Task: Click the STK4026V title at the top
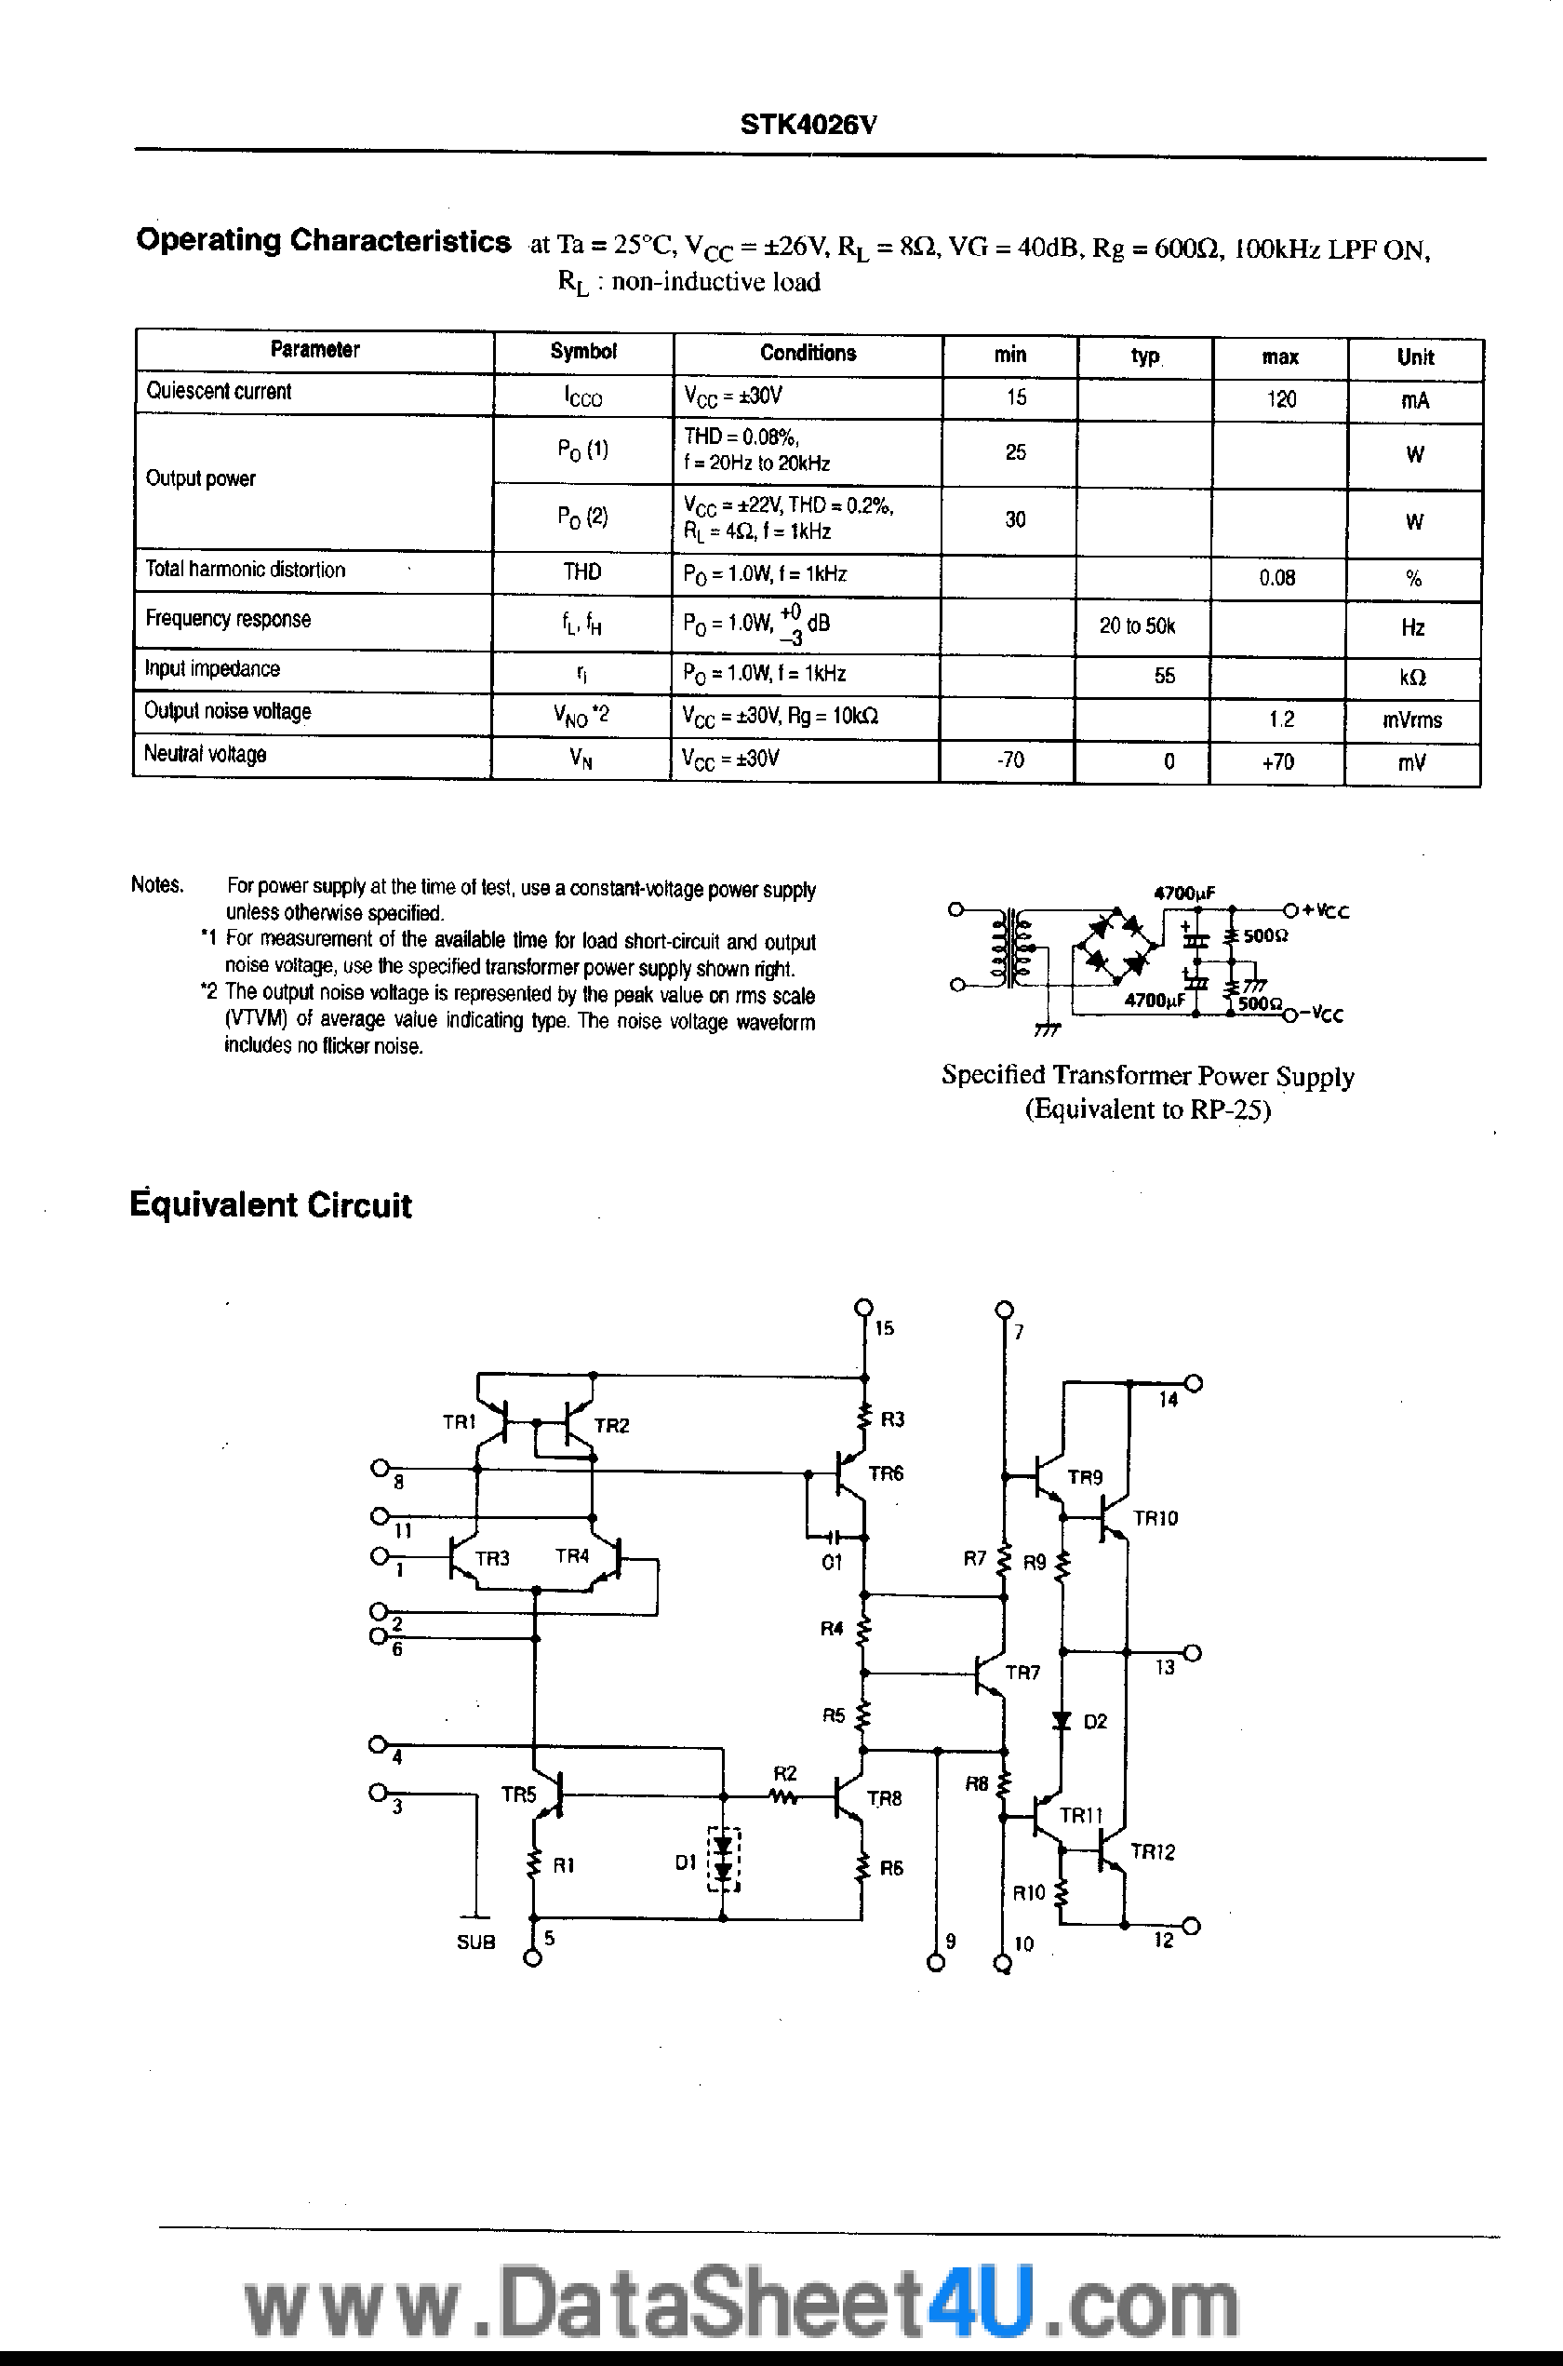point(808,125)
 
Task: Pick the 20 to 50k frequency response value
point(1137,626)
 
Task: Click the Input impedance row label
point(212,669)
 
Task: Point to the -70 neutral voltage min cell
point(1009,760)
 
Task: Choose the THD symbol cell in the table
point(582,571)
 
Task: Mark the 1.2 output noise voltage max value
point(1281,719)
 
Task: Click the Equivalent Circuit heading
point(271,1205)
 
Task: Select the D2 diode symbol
point(1062,1720)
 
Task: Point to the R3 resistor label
point(892,1418)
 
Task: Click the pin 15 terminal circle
point(863,1306)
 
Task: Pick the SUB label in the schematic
point(475,1943)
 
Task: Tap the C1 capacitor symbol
point(836,1535)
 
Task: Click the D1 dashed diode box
point(725,1860)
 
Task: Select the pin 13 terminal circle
point(1192,1652)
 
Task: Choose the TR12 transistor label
point(1153,1851)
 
